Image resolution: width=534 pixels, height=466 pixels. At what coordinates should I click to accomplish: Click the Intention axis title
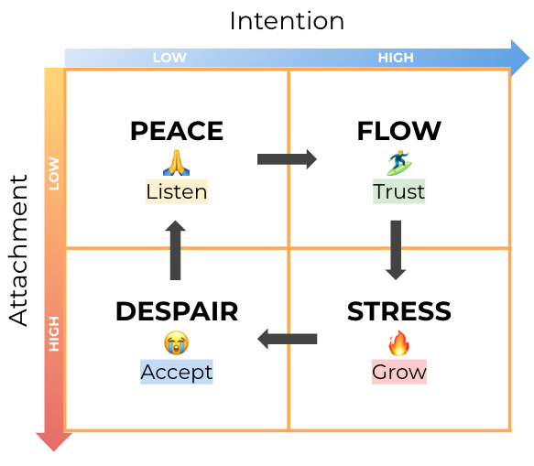[x=287, y=20]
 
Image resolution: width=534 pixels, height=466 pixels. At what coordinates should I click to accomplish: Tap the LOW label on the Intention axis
[x=169, y=58]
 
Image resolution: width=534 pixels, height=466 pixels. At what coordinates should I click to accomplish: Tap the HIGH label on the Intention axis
[x=396, y=58]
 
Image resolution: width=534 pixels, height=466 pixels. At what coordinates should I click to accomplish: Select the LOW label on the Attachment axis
[x=54, y=174]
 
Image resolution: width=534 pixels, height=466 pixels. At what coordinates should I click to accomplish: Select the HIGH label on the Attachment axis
[x=54, y=335]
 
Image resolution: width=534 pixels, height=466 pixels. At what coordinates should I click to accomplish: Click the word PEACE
[x=177, y=132]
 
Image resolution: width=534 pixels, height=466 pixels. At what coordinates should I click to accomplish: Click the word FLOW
[x=398, y=132]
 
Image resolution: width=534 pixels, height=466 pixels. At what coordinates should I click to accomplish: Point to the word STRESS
[x=398, y=311]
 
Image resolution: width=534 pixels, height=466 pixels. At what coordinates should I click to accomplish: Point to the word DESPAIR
[x=177, y=311]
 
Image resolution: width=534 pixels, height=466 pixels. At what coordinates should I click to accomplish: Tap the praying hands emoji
[x=176, y=162]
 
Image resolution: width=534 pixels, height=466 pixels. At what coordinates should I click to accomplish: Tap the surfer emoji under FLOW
[x=398, y=162]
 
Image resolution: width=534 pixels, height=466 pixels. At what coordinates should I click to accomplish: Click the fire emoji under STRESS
[x=398, y=343]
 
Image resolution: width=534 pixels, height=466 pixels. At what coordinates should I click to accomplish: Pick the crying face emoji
[x=176, y=343]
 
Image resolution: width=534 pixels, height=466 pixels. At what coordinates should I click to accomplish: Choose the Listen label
[x=177, y=191]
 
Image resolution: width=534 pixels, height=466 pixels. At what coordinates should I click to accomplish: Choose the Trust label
[x=398, y=191]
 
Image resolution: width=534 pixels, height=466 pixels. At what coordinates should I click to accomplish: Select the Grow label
[x=398, y=373]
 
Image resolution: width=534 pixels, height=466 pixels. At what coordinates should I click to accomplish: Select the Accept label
[x=177, y=372]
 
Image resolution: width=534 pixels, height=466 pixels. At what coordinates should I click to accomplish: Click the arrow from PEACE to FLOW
[x=287, y=159]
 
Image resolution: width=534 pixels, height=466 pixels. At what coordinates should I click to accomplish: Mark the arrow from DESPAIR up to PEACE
[x=176, y=250]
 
